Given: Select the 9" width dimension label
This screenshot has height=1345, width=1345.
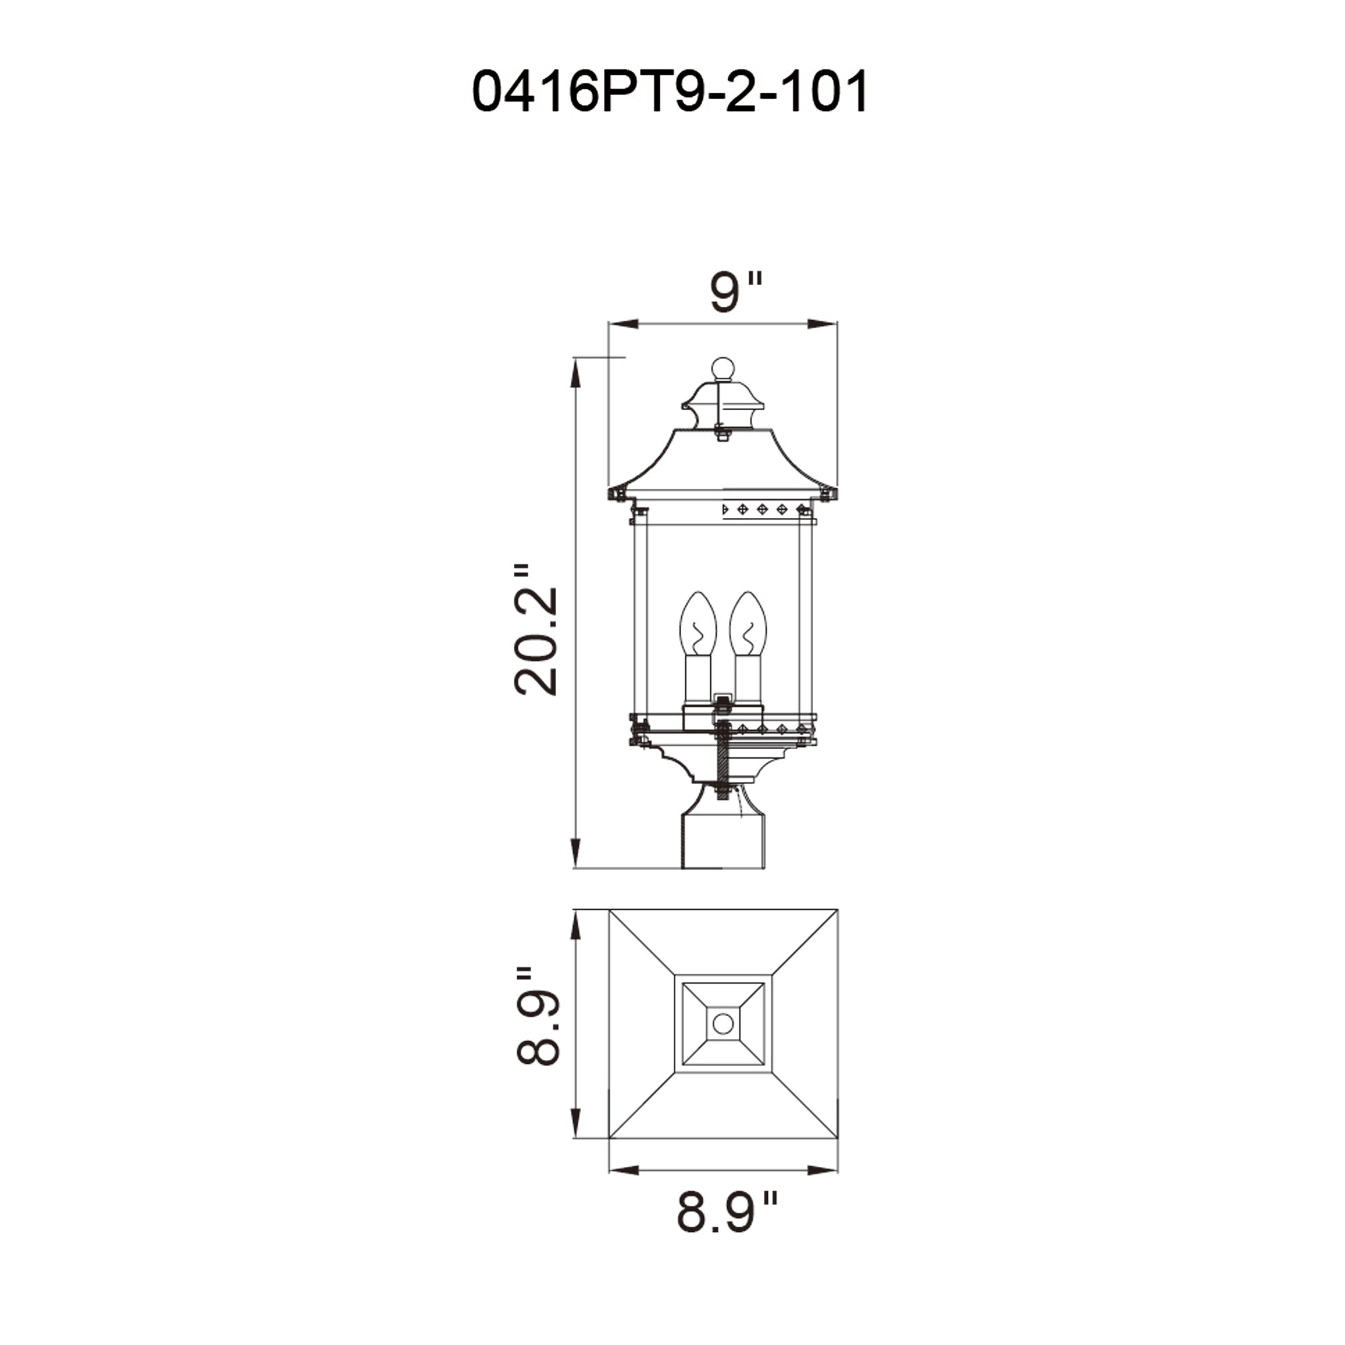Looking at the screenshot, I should [x=735, y=293].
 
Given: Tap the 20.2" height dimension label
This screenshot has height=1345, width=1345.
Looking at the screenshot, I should [x=536, y=630].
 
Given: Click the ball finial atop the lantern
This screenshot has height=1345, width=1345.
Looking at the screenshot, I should [x=723, y=369].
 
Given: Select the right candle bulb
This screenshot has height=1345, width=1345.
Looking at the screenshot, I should [x=748, y=624].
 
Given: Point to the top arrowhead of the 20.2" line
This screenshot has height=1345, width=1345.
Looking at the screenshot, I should [x=575, y=372].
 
